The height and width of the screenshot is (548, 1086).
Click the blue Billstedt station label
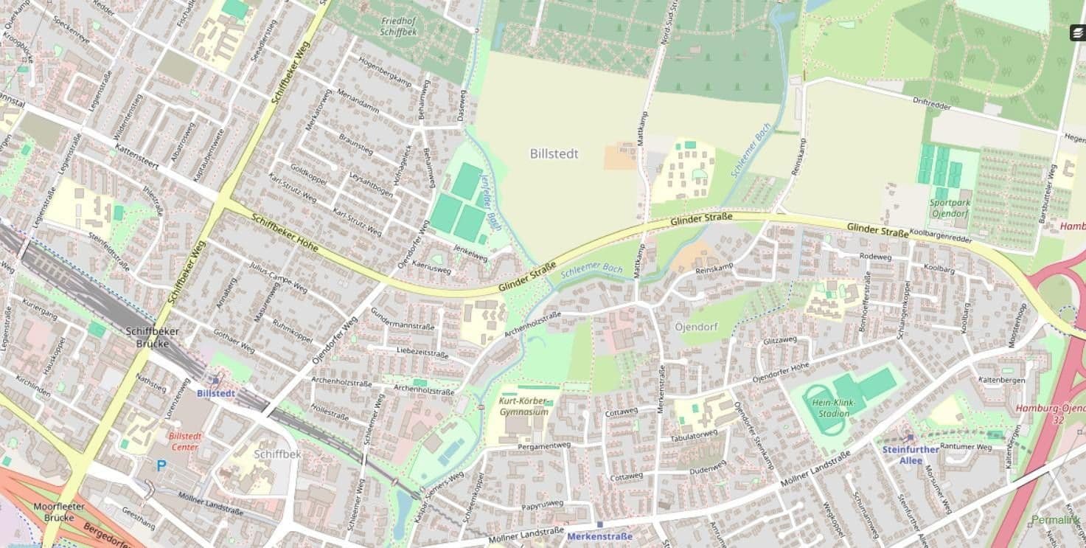(x=216, y=393)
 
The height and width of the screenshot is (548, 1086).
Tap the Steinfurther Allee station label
(x=911, y=454)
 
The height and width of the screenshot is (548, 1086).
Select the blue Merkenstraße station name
(x=599, y=536)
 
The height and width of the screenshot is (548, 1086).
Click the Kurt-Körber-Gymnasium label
(x=524, y=406)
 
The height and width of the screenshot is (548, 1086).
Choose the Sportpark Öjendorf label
(x=949, y=208)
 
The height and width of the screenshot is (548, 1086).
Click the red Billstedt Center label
(x=184, y=441)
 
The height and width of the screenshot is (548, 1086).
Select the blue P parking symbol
(x=161, y=465)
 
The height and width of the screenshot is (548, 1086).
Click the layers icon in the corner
(x=1077, y=33)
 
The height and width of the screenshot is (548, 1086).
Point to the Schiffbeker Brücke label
(x=153, y=337)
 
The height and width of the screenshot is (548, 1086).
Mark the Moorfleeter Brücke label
(x=59, y=512)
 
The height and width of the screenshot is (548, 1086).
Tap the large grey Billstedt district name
(x=554, y=153)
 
